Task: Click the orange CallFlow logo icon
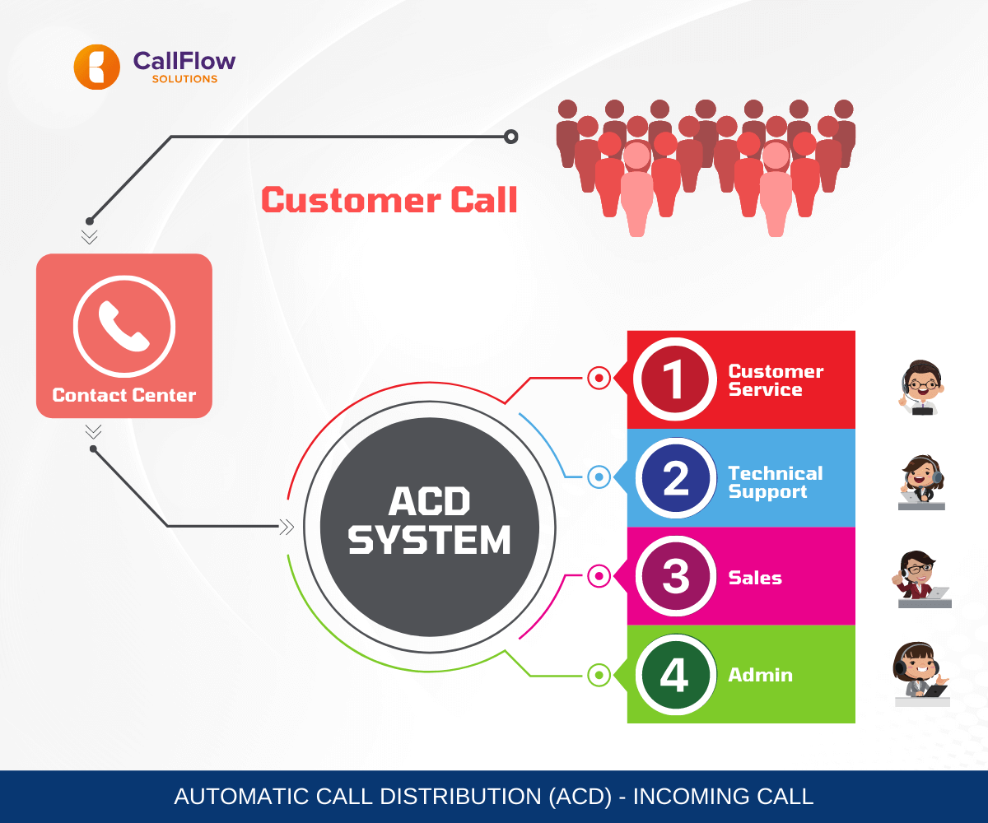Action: tap(96, 67)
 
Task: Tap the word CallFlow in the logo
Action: tap(184, 61)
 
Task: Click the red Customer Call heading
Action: tap(389, 201)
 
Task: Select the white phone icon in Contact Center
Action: tap(123, 325)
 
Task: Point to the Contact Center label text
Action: tap(124, 396)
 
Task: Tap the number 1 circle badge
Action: tap(674, 380)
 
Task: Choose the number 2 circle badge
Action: tap(675, 478)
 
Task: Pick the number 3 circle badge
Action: tap(675, 576)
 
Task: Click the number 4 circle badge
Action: tap(674, 675)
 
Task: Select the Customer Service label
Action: tap(775, 381)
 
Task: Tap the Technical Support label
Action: tap(775, 483)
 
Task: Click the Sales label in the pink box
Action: tap(755, 578)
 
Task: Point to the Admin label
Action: tap(760, 675)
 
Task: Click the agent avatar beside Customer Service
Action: tap(920, 388)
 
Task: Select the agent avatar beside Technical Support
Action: tap(920, 482)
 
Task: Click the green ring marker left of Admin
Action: tap(599, 676)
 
